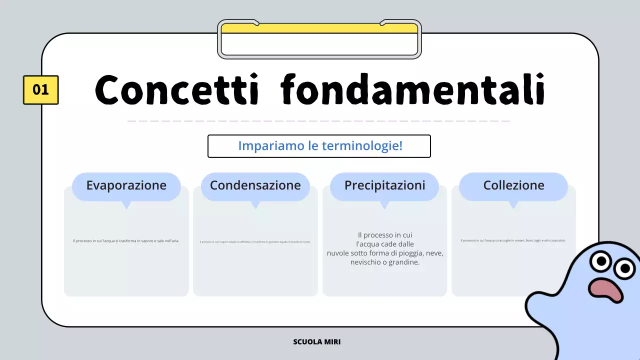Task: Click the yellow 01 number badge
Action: coord(40,90)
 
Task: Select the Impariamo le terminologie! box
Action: coord(319,146)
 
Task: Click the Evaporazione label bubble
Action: coord(126,185)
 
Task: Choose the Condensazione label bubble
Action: coord(255,185)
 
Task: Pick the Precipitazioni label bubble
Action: coord(384,185)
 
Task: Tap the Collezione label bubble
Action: coord(513,185)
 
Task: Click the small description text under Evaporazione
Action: coord(126,241)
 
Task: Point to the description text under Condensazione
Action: coord(255,242)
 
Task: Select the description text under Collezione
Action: coord(513,240)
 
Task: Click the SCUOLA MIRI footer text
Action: coord(317,342)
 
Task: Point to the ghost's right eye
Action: coord(624,269)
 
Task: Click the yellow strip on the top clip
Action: coord(319,28)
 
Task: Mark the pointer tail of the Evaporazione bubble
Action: coord(126,204)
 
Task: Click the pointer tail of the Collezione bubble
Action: coord(513,204)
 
